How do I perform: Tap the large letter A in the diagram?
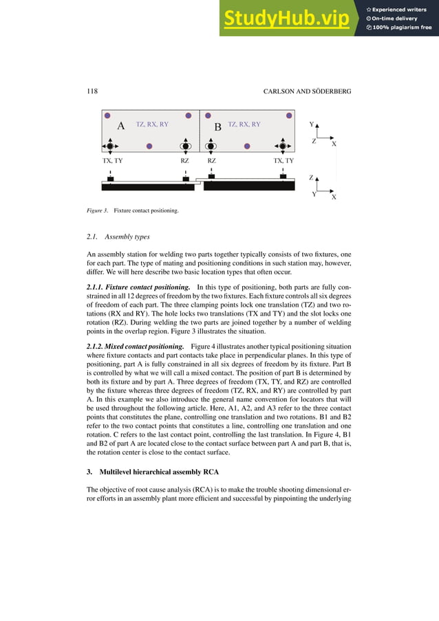[120, 126]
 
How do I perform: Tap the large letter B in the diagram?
[217, 127]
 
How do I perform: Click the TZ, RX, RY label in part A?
[152, 124]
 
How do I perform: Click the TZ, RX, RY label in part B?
[244, 124]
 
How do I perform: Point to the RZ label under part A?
[185, 160]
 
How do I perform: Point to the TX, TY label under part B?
[283, 160]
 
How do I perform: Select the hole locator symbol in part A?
[109, 146]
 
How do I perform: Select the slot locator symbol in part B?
[211, 146]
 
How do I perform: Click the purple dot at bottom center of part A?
[149, 146]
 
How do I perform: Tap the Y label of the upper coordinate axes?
[311, 125]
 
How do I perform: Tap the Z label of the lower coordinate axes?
[312, 177]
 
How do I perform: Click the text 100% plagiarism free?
[400, 28]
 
